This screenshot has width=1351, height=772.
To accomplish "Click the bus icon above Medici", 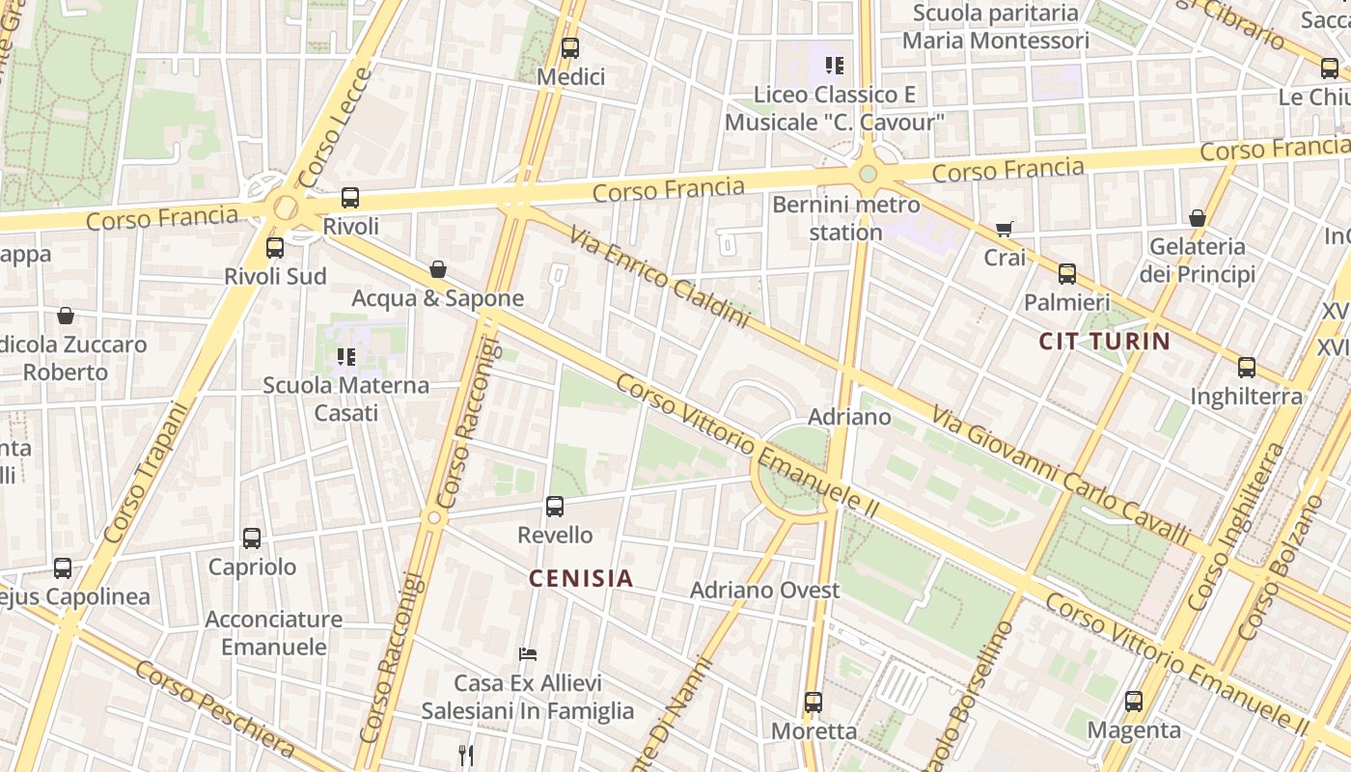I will (570, 47).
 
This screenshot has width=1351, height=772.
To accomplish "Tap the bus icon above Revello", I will (555, 506).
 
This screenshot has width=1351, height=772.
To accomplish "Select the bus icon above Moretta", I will (813, 702).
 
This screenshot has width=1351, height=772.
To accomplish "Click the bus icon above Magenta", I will (1134, 701).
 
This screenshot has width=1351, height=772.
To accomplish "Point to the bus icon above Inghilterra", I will (1247, 367).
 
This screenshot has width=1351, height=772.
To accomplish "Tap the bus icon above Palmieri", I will (1067, 273).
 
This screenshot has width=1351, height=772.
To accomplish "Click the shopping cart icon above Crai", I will (1005, 229).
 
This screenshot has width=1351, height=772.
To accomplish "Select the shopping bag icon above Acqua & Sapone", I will (438, 268).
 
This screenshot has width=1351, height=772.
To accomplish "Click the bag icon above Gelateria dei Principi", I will (1198, 218).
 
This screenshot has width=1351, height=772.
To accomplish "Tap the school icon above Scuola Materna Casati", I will (346, 356).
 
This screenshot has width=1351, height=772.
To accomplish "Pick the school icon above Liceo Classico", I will (835, 66).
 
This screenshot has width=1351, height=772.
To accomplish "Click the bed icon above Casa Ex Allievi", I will (528, 653).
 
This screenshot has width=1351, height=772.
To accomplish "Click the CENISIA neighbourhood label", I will (581, 578).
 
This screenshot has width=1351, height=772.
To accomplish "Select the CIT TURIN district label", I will (1104, 341).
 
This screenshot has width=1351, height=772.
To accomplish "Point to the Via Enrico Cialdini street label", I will (659, 277).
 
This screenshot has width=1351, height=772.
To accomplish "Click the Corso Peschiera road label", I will (214, 708).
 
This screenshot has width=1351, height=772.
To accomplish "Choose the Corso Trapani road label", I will (145, 472).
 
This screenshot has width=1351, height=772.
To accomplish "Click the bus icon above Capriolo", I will (252, 538).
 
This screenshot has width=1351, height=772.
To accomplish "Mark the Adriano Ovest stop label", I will (764, 590).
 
